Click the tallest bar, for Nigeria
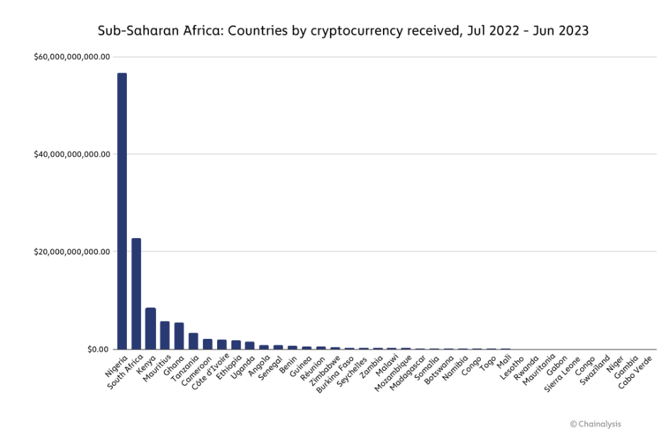click(122, 211)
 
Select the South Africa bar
click(136, 293)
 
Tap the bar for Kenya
click(150, 328)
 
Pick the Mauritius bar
click(165, 335)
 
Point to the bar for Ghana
click(179, 336)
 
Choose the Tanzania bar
click(194, 341)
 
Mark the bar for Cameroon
click(208, 344)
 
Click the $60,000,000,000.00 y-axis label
click(72, 57)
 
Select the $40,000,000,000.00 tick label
click(72, 154)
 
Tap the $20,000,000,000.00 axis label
click(72, 251)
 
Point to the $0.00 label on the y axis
click(98, 349)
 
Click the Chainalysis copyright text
click(595, 424)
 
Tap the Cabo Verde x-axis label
click(635, 372)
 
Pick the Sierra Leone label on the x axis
click(562, 374)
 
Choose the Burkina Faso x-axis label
click(335, 374)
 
